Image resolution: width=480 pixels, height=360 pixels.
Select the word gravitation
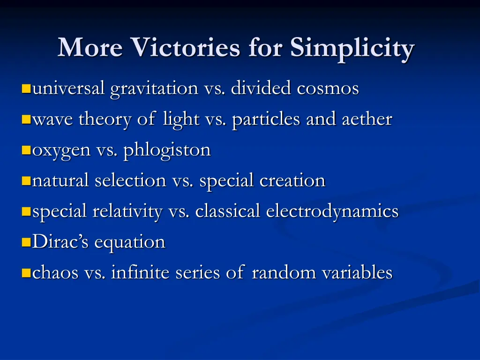[x=154, y=88]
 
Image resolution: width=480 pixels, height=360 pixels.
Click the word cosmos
[x=328, y=88]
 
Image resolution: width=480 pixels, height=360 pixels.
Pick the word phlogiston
[x=167, y=151]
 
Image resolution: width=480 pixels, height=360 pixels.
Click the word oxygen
[x=61, y=151]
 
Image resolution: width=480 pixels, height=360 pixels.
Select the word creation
[x=294, y=180]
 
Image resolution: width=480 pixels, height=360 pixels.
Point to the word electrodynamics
[x=332, y=211]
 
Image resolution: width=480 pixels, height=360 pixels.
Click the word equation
[x=130, y=243]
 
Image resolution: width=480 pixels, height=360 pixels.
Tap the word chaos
[x=55, y=273]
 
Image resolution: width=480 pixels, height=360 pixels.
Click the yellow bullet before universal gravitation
[x=26, y=88]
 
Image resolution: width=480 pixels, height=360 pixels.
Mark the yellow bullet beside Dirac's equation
[x=26, y=242]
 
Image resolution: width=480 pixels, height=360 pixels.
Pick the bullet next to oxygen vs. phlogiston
[x=26, y=150]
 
